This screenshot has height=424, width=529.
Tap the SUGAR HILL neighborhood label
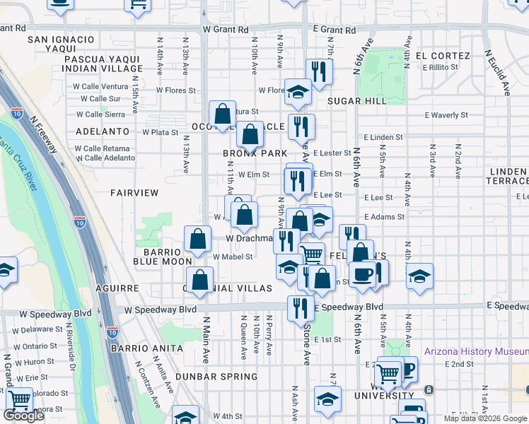356,101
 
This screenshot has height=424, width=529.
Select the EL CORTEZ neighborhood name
443,56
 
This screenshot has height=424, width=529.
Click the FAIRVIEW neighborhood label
134,192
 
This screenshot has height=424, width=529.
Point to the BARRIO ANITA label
146,348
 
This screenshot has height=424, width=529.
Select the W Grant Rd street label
226,30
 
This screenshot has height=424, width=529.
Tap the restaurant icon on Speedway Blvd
301,307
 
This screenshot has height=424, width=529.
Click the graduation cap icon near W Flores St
298,90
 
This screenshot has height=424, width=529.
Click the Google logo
23,416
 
